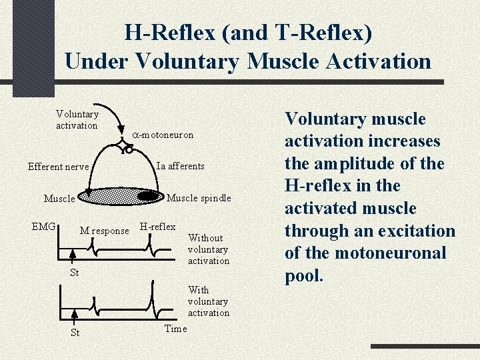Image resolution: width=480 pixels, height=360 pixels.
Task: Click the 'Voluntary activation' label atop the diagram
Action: [77, 120]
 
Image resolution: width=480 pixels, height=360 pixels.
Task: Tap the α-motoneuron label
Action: [162, 135]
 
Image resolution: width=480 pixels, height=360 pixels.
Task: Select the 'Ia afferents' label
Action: [180, 166]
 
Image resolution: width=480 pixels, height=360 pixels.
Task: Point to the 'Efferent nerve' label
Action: [58, 167]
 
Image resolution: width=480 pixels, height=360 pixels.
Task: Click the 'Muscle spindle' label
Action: [198, 198]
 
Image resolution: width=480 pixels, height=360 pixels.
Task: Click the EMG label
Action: [44, 227]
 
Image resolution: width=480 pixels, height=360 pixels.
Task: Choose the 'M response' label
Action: [104, 231]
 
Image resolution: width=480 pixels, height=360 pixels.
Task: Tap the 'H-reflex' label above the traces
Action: [157, 227]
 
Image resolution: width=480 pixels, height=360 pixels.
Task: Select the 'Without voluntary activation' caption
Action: [208, 249]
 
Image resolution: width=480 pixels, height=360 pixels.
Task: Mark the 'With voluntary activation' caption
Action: [208, 301]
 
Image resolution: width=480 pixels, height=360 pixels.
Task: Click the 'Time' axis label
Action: [175, 329]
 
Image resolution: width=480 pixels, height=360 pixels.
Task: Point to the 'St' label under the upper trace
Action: [74, 273]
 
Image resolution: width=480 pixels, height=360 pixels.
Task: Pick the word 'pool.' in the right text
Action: [304, 275]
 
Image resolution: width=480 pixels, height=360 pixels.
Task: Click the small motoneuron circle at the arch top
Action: [129, 151]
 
